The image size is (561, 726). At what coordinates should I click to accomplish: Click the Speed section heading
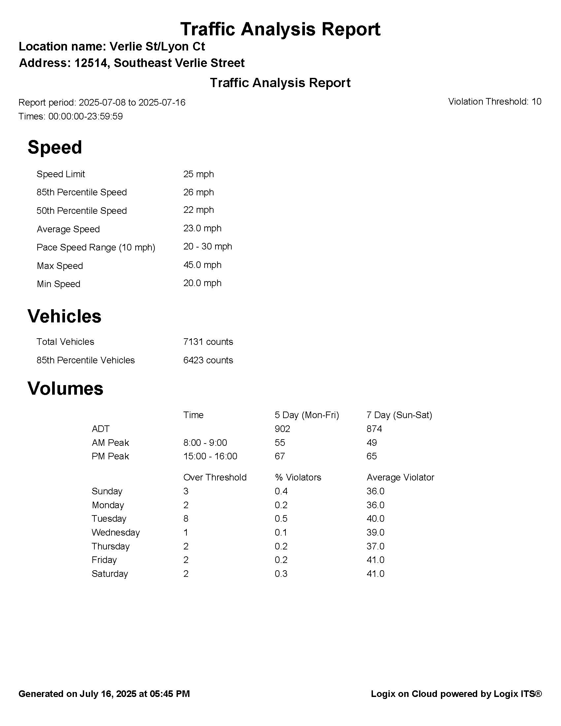[54, 147]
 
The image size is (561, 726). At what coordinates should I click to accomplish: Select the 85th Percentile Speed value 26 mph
[198, 192]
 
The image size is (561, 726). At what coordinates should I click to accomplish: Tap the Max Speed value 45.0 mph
[202, 265]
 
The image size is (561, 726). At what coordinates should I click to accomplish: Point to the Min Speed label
[58, 284]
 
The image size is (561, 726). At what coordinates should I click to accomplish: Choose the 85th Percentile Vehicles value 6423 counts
[208, 360]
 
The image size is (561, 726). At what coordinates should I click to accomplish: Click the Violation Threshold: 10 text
[495, 102]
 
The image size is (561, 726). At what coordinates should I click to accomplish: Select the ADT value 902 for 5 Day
[282, 429]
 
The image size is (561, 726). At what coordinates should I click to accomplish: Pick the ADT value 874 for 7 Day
[374, 429]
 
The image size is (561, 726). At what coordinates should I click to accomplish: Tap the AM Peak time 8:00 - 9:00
[205, 443]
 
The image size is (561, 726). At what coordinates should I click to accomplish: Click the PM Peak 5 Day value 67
[280, 456]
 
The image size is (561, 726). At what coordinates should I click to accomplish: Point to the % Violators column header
[298, 478]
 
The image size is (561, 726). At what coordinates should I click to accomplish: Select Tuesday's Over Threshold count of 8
[186, 518]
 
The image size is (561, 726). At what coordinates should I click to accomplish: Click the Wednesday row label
[115, 533]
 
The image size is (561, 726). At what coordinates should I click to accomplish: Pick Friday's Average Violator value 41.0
[375, 560]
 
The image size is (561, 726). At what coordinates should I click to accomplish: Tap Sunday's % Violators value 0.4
[281, 491]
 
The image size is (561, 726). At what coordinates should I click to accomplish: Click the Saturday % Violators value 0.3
[281, 574]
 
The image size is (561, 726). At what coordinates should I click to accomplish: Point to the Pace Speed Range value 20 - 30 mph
[207, 247]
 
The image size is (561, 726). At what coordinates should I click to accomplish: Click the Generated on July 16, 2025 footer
[104, 694]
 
